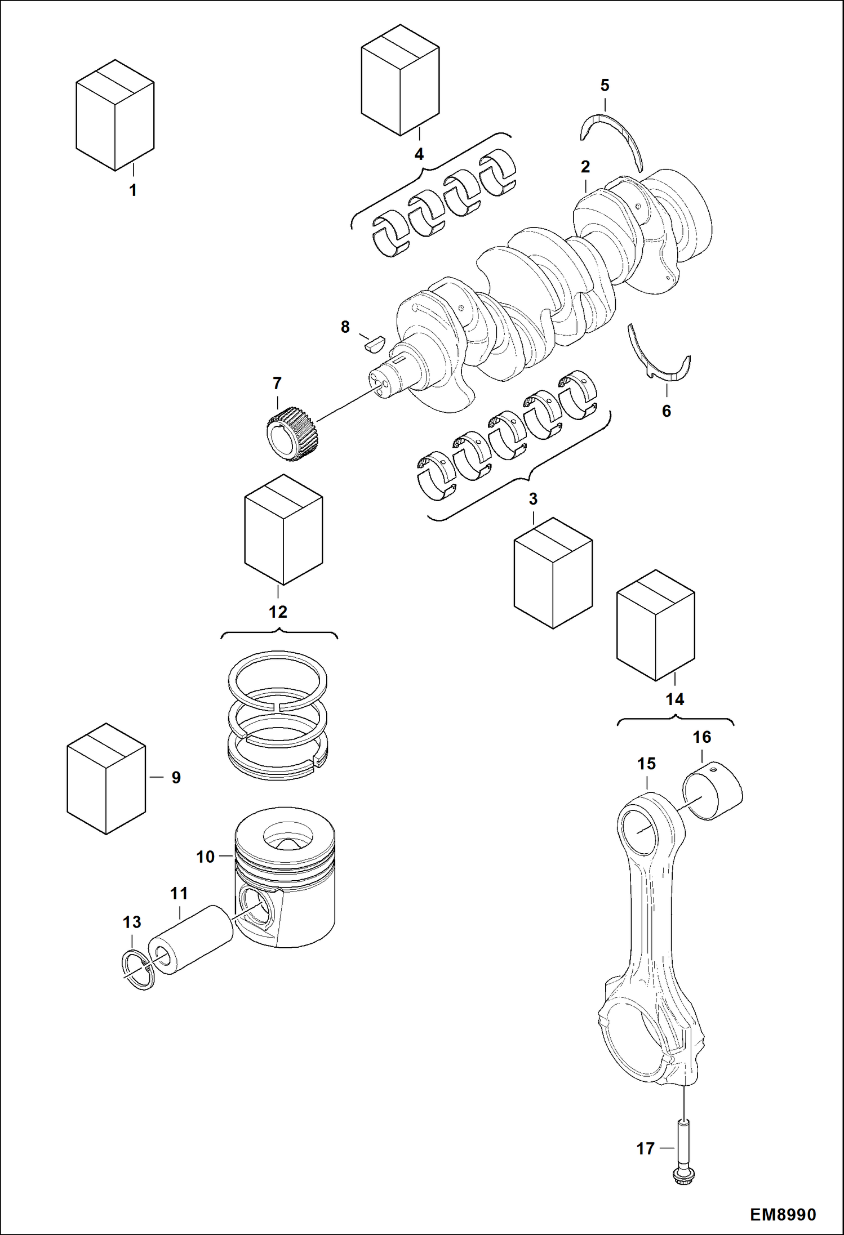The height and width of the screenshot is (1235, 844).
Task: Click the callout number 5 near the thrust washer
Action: tap(605, 86)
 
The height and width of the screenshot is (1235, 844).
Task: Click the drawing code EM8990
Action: tap(783, 1215)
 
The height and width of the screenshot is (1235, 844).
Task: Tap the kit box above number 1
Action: tap(115, 115)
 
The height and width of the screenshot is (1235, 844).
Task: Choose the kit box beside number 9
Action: tap(106, 778)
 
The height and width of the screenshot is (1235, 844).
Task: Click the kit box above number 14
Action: tap(656, 625)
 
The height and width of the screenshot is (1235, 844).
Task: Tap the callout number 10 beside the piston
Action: tap(205, 857)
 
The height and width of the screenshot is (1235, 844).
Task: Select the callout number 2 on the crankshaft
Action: tap(585, 167)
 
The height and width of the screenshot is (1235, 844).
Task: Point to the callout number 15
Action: tap(646, 764)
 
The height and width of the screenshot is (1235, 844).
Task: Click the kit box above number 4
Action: tap(400, 79)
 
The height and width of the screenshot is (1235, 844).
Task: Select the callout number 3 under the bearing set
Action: tap(533, 499)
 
